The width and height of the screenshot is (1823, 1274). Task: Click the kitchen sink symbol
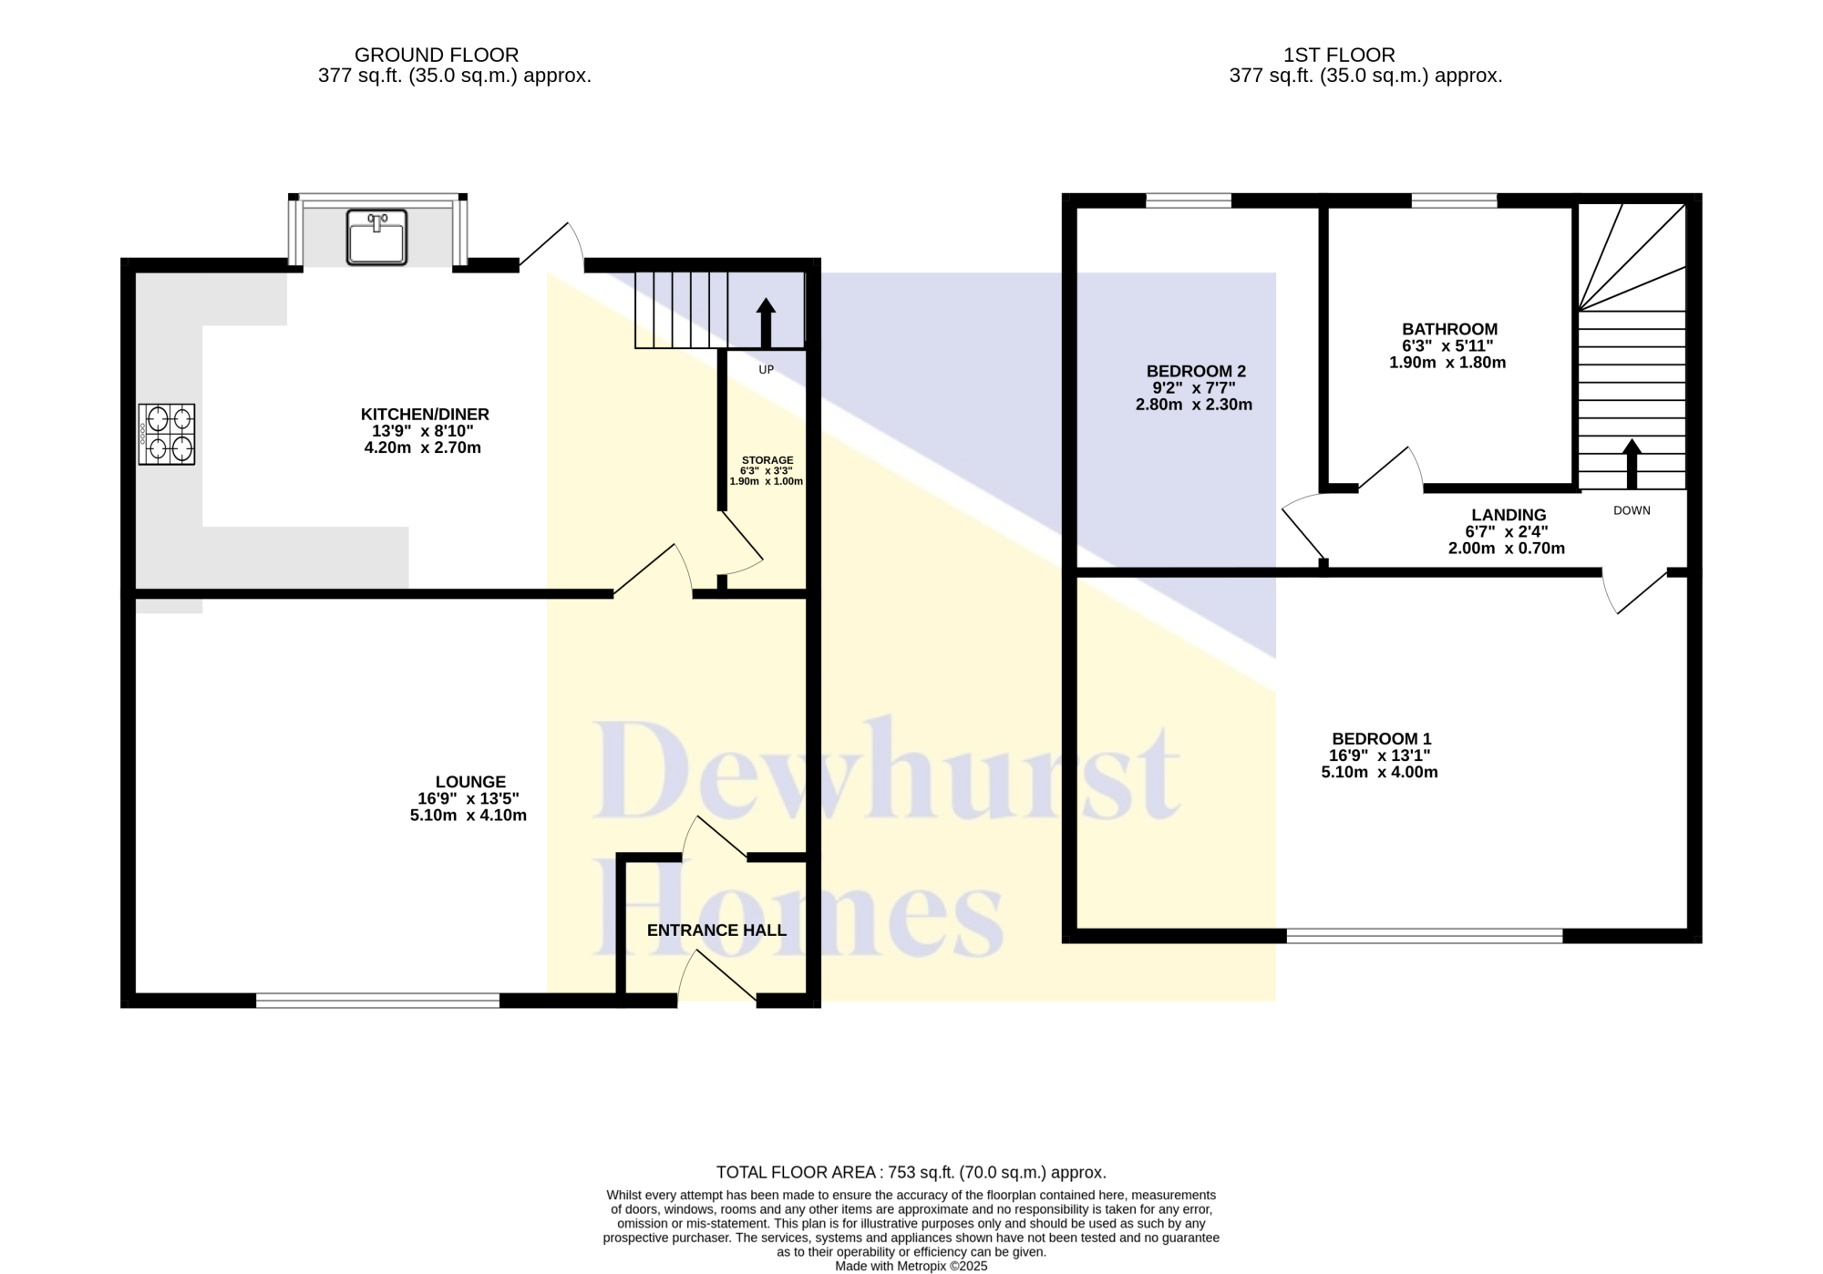click(x=376, y=238)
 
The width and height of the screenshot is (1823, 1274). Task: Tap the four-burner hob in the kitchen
click(x=167, y=435)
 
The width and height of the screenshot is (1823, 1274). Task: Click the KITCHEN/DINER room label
click(x=425, y=415)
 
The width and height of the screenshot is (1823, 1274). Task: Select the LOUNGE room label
click(x=470, y=782)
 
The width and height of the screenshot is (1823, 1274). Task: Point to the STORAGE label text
click(x=767, y=460)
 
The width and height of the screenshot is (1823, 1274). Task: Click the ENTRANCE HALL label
click(x=716, y=930)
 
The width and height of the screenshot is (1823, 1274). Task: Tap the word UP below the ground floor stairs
click(x=767, y=370)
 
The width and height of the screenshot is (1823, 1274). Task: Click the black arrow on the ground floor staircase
click(x=766, y=323)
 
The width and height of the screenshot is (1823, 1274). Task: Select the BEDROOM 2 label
click(x=1196, y=372)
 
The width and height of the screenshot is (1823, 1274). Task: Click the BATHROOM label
click(x=1449, y=330)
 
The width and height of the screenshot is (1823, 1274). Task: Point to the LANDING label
click(x=1509, y=516)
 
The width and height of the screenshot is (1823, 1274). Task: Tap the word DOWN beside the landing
click(x=1632, y=510)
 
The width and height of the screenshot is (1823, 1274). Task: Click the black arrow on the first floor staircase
click(x=1632, y=465)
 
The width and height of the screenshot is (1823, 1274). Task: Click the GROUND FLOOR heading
click(x=437, y=56)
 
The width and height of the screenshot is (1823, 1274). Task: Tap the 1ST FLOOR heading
click(x=1339, y=56)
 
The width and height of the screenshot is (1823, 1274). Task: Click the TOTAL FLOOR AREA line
click(x=911, y=1173)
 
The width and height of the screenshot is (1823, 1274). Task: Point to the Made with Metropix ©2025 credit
click(x=911, y=1267)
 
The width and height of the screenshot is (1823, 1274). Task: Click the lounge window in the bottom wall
click(x=377, y=1001)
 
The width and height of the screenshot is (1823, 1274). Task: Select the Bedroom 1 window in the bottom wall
click(x=1425, y=935)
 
